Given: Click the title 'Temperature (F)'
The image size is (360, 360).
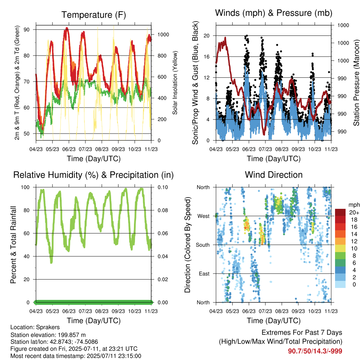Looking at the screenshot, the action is [94, 15].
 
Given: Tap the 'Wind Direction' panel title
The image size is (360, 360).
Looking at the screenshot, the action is [274, 175].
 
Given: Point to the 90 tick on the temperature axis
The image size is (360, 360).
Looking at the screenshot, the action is [26, 30].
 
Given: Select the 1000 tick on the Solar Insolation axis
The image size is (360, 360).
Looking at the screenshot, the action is [163, 35].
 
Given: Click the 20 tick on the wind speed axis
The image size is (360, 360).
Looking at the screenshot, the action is [207, 36].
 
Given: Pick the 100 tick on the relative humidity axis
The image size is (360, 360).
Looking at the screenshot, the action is [25, 187].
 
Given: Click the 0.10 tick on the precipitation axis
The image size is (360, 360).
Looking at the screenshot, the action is [163, 187].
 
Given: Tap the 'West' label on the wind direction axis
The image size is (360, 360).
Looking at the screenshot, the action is [204, 216].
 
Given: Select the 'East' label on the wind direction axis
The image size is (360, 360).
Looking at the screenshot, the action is [204, 274].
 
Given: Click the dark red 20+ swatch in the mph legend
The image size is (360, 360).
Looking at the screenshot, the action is [340, 212].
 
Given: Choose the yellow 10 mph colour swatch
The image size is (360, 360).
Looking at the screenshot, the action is [340, 249].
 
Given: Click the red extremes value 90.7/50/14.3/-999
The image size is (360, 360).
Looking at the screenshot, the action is [315, 351].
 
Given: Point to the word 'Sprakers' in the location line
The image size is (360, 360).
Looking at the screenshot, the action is [48, 327].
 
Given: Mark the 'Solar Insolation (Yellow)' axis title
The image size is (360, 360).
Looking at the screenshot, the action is [175, 83].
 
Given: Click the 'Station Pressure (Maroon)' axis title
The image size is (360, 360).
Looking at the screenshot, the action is [356, 83].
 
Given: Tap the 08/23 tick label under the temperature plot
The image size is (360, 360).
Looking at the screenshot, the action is [102, 149].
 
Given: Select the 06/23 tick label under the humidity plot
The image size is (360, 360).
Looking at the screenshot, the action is [69, 311].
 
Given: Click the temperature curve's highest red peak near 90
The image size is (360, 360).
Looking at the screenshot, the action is [66, 28].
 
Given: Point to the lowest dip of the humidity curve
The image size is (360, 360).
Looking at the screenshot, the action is [51, 262].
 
